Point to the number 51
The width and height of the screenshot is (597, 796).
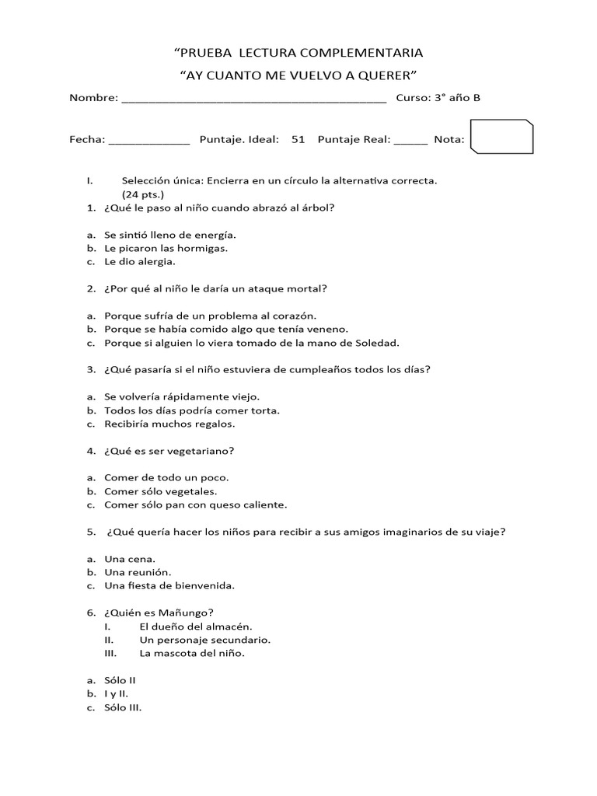[x=298, y=140]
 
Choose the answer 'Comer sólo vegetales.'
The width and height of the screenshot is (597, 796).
[x=161, y=491]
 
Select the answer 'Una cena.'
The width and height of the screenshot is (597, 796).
[x=130, y=559]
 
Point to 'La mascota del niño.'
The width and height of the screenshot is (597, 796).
[x=192, y=654]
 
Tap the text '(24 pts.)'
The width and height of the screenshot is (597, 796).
[x=142, y=194]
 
